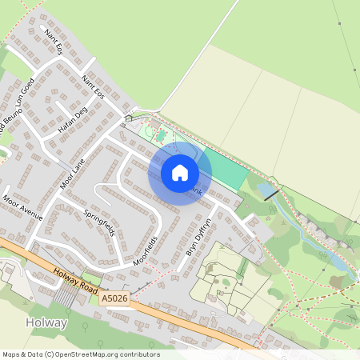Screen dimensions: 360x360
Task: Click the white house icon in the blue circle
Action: pyautogui.click(x=180, y=172)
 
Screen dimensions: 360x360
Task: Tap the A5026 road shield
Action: pyautogui.click(x=113, y=298)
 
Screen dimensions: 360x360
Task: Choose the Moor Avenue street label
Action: pyautogui.click(x=22, y=207)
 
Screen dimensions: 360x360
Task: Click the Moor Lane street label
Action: pyautogui.click(x=71, y=174)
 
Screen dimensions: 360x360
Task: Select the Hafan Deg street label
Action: pyautogui.click(x=71, y=120)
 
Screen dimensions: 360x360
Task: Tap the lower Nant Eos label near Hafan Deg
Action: pyautogui.click(x=94, y=86)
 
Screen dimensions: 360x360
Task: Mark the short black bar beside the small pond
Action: pyautogui.click(x=271, y=194)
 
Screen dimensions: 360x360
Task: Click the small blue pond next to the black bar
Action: pyautogui.click(x=262, y=190)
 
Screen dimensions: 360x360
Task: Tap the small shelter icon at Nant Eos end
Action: pyautogui.click(x=129, y=118)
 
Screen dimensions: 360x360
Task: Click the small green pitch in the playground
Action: pyautogui.click(x=159, y=134)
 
